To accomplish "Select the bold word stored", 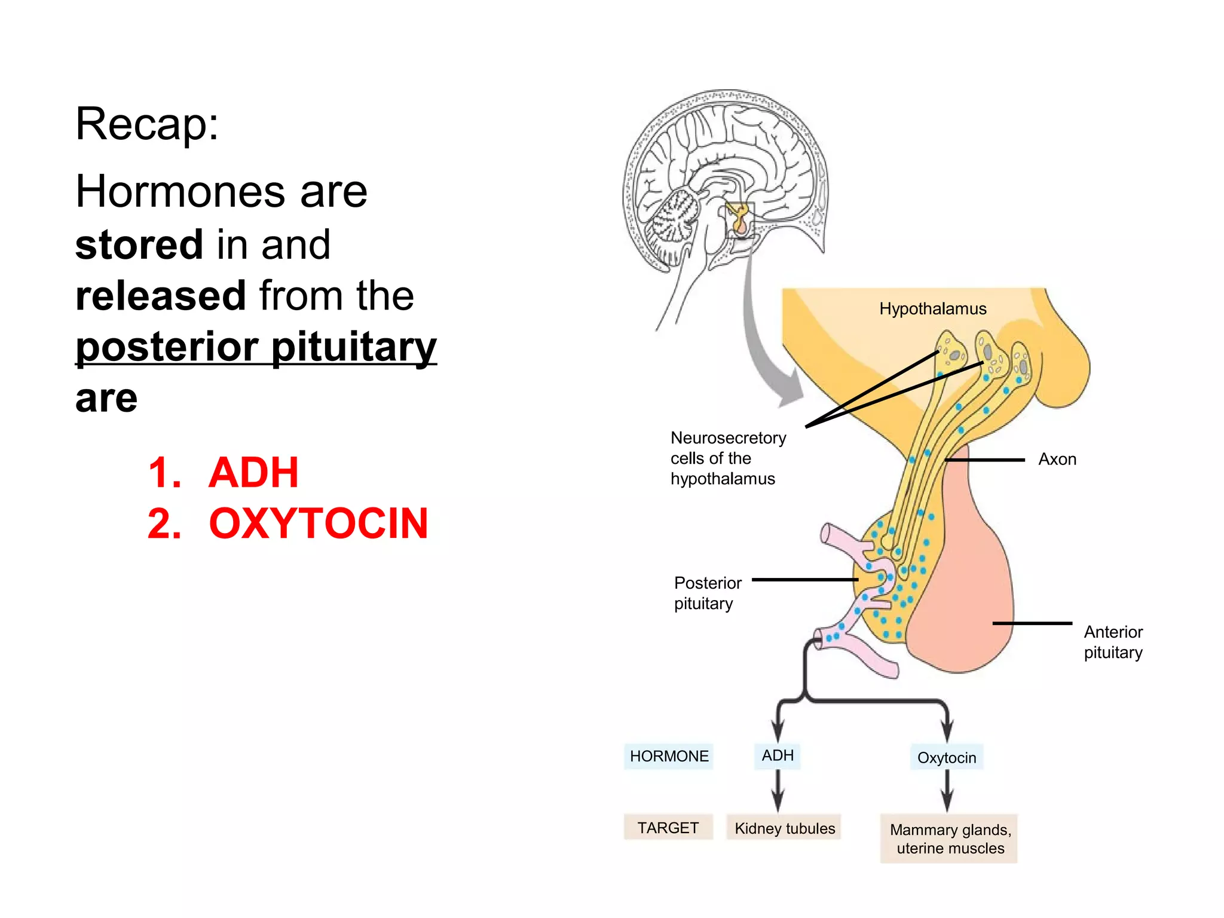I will point(139,245).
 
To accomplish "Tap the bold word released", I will point(161,296).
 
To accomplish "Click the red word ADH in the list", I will point(253,473).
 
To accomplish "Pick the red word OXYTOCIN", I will point(319,524).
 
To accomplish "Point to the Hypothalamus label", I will point(932,309).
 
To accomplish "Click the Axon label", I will point(1057,459).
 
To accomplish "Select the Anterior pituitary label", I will point(1113,642).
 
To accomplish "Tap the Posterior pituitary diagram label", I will point(708,593).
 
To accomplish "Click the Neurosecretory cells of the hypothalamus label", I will point(728,458).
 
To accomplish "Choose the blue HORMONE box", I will point(669,756).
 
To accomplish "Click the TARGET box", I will point(668,828).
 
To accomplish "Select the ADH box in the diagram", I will point(778,755).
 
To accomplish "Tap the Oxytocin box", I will point(947,758).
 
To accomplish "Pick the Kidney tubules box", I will point(784,828).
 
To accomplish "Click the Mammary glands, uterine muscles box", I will point(950,839).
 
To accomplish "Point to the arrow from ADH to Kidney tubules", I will point(778,790).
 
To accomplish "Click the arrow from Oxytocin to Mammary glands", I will point(947,790).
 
